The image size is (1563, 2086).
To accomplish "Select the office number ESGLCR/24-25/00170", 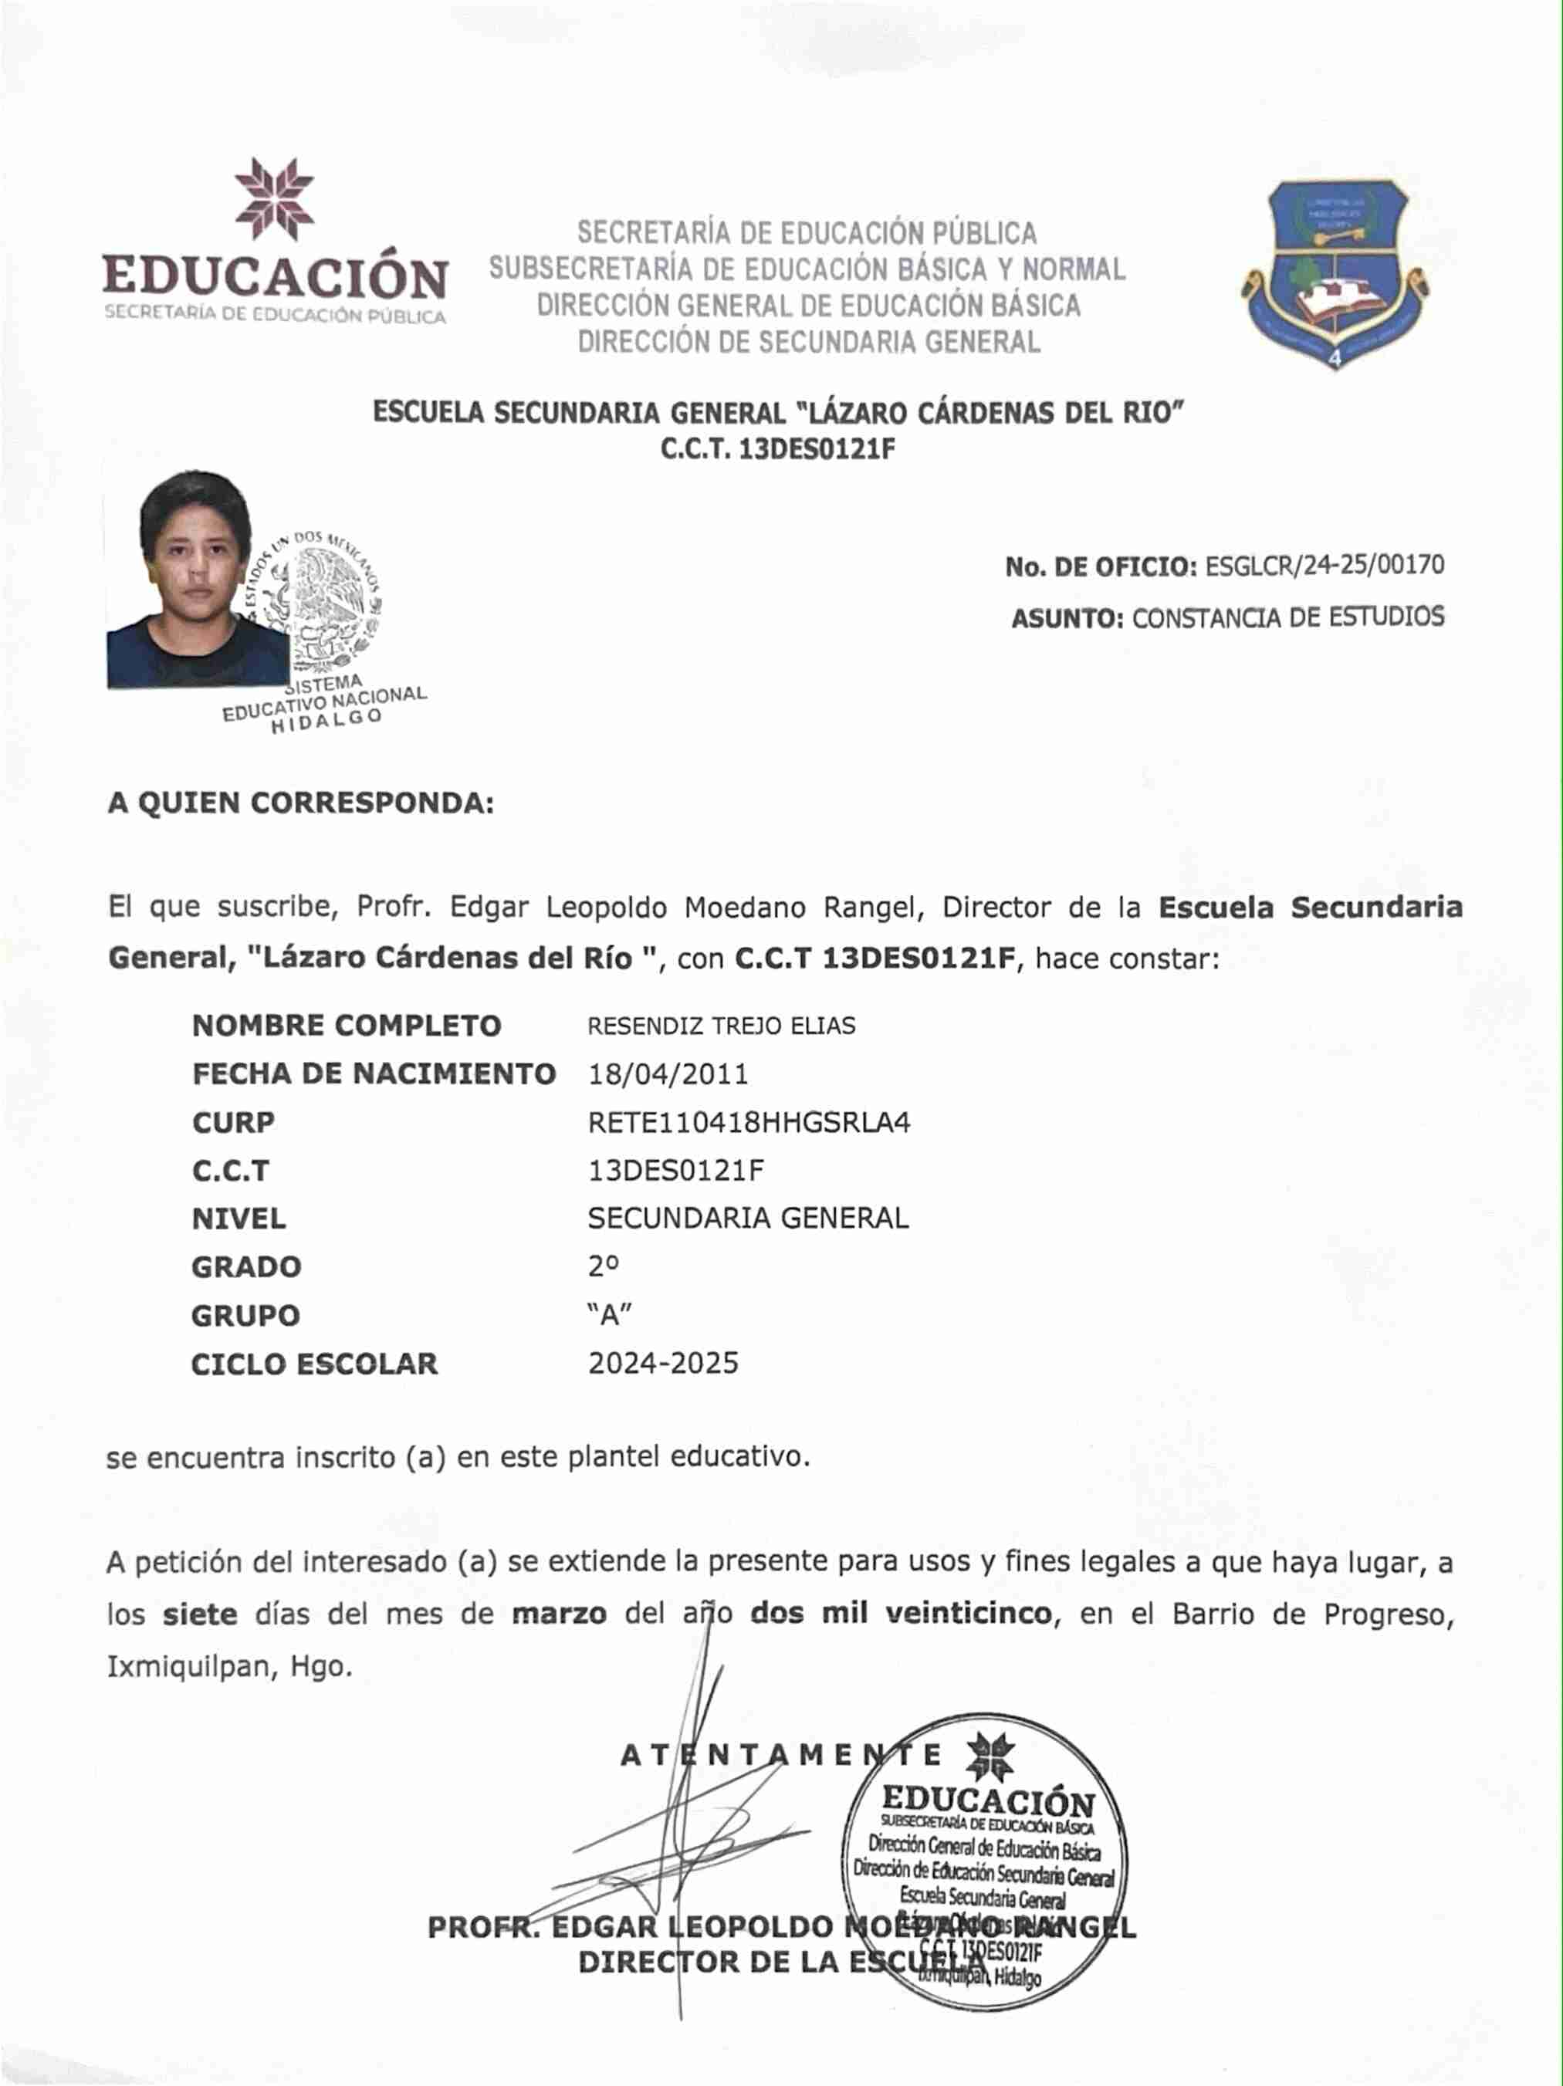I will coord(1324,565).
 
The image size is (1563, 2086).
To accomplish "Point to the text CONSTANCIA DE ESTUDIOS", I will coord(1287,617).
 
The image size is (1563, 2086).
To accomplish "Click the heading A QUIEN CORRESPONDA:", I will coord(301,803).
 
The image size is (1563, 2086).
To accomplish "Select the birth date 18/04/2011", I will coord(668,1074).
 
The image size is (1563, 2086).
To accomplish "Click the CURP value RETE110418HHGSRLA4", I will coord(749,1122).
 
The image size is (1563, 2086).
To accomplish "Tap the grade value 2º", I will coord(604,1266).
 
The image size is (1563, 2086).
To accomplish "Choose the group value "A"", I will coord(609,1314).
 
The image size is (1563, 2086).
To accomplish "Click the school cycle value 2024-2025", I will coord(663,1364).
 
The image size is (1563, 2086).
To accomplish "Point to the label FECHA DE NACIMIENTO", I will coord(374,1074).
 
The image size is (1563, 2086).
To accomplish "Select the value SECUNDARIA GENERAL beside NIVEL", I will coord(748,1219).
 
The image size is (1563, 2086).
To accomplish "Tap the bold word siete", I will coord(199,1614).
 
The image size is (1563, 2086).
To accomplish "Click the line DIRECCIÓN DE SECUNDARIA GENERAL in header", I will coord(808,341).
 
